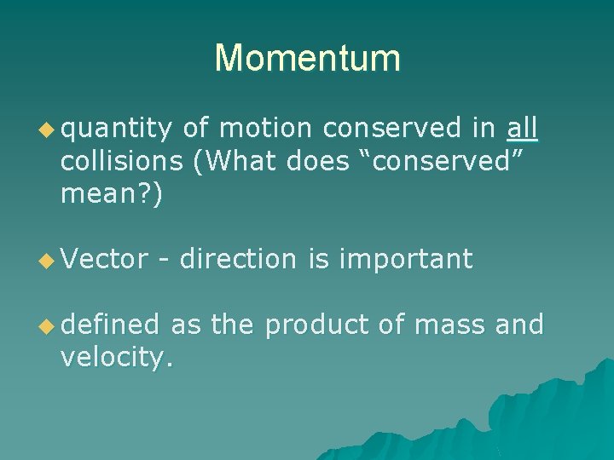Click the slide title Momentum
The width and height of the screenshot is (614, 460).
tap(307, 58)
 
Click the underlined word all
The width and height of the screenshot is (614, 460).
tap(522, 129)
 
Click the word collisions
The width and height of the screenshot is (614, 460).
tap(121, 162)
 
